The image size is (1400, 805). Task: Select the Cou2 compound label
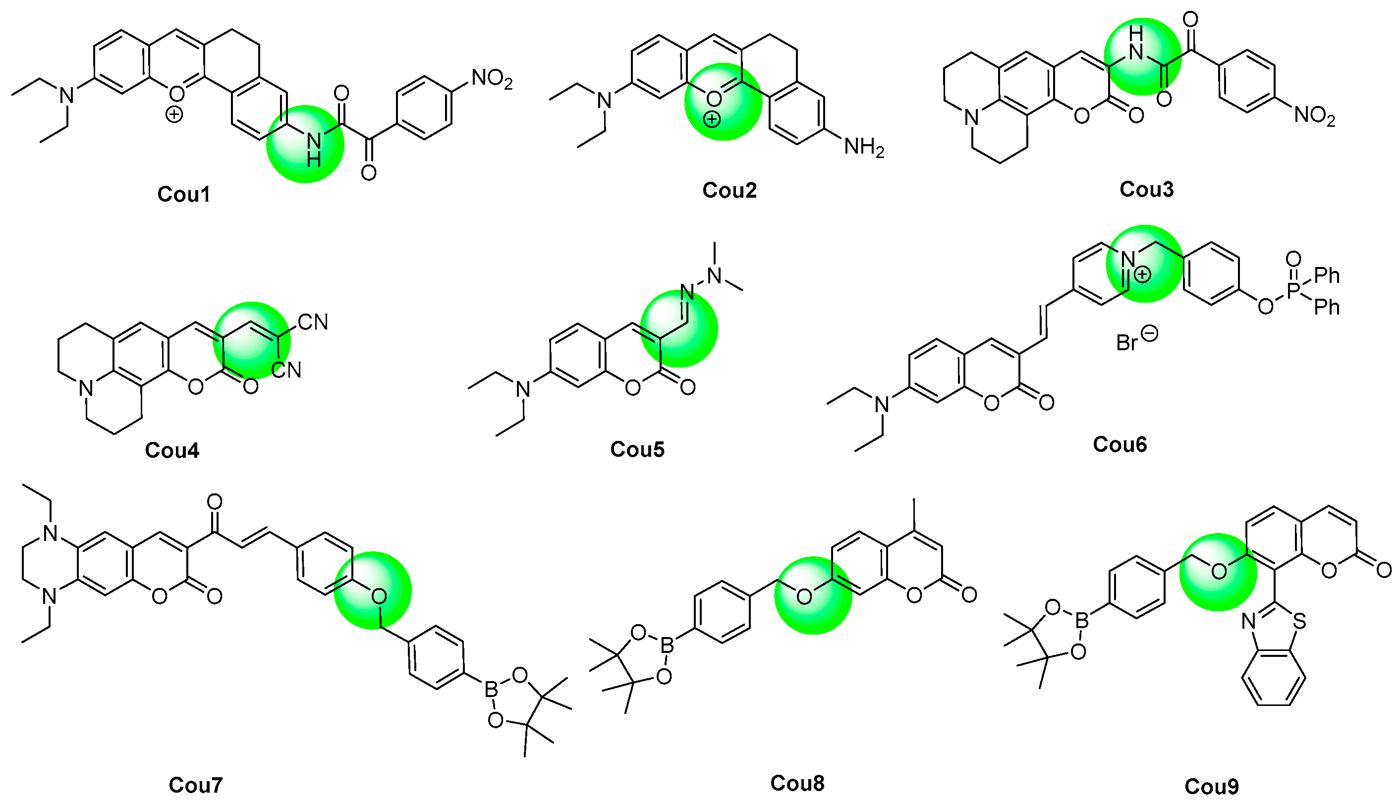tap(729, 190)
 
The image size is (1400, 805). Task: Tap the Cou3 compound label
tap(1146, 189)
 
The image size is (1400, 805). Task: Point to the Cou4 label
tap(171, 450)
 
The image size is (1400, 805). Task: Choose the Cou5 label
tap(637, 449)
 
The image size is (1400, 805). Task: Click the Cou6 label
tap(1120, 444)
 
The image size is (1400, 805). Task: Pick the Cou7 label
tap(195, 785)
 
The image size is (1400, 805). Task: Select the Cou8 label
tap(797, 783)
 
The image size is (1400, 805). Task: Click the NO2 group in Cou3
tap(1314, 116)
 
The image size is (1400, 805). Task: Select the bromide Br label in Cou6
tap(1126, 343)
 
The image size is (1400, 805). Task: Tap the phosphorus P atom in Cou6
tap(1293, 291)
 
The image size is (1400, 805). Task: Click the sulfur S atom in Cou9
tap(1300, 621)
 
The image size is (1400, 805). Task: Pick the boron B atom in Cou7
tap(491, 689)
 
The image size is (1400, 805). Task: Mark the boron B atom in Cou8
tap(668, 645)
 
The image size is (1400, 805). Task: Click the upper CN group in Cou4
tap(312, 322)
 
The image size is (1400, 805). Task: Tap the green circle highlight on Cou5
tap(678, 328)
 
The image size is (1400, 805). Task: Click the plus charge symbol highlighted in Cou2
tap(712, 119)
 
